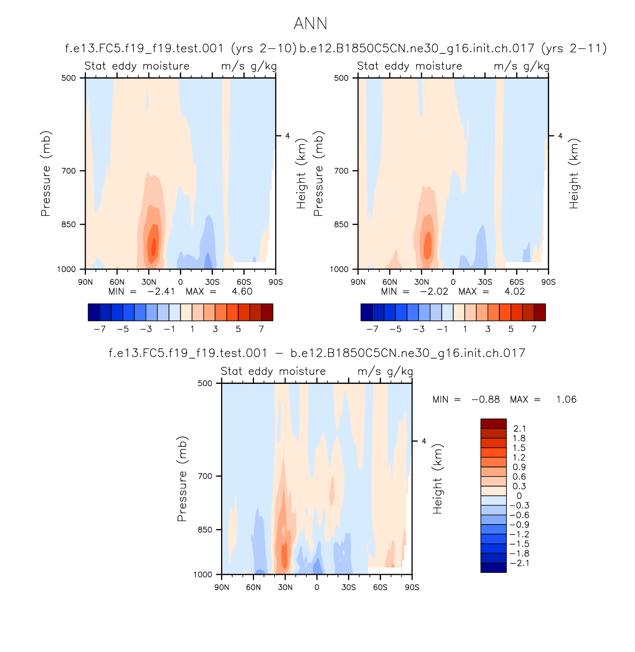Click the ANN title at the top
(310, 23)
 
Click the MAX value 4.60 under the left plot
(242, 292)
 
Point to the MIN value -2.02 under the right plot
(434, 292)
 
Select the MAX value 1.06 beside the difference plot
(566, 400)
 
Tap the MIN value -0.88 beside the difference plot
(486, 400)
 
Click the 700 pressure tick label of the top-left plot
(68, 171)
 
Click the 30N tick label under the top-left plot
(149, 282)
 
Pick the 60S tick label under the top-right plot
(517, 282)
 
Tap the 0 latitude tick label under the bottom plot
(317, 587)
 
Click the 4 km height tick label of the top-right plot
(560, 136)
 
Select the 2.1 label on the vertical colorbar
(519, 429)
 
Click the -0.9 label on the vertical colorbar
(519, 525)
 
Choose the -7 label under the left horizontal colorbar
(99, 329)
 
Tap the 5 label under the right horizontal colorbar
(511, 329)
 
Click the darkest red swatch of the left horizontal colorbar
(267, 312)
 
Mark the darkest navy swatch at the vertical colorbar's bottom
(493, 568)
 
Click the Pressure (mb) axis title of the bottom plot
(182, 479)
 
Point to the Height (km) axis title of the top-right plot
(574, 174)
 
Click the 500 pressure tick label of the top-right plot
(341, 78)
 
